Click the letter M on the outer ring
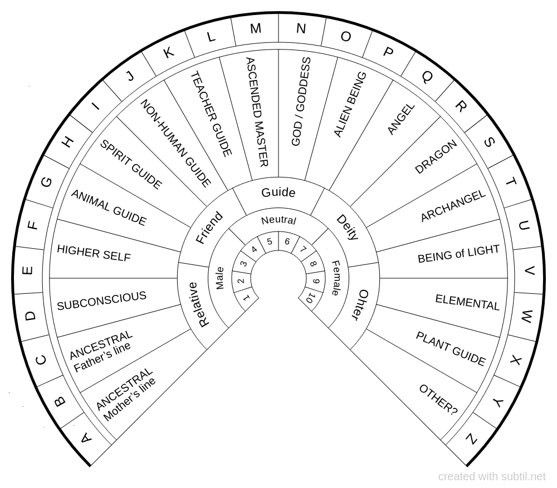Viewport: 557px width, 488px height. point(255,29)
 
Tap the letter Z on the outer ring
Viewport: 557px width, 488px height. point(471,439)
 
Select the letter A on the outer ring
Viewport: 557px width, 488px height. point(85,439)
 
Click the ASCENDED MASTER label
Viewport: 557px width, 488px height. point(257,112)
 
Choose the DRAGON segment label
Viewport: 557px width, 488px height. point(436,156)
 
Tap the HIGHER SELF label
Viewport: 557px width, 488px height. point(94,253)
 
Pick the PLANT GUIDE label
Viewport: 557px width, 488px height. point(451,348)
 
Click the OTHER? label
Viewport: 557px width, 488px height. point(438,400)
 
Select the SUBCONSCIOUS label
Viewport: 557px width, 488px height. point(101,301)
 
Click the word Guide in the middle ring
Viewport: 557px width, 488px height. point(278,193)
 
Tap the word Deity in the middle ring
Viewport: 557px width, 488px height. point(346,227)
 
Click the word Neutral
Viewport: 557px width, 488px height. point(278,220)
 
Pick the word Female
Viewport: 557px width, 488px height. point(336,278)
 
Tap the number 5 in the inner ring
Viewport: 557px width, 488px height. point(270,241)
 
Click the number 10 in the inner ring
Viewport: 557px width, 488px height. point(310,298)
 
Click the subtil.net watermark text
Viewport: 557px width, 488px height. point(492,477)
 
